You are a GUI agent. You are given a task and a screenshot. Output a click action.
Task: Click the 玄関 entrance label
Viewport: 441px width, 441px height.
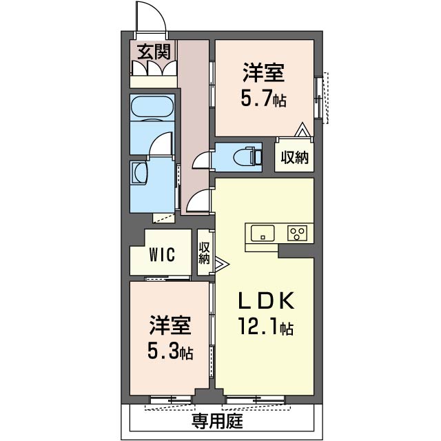click(x=154, y=52)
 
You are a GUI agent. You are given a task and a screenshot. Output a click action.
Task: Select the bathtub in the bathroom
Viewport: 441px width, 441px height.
click(x=152, y=107)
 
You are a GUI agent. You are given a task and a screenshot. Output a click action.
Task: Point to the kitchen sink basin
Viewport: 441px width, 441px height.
click(x=263, y=233)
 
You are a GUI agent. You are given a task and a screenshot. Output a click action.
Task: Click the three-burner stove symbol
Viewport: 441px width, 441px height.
click(x=297, y=233)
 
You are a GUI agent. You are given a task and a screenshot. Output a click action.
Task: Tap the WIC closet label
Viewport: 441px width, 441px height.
click(x=163, y=254)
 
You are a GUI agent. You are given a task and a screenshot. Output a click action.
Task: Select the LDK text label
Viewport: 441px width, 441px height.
click(x=266, y=300)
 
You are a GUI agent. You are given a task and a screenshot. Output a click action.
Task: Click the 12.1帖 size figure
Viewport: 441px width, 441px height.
click(x=266, y=327)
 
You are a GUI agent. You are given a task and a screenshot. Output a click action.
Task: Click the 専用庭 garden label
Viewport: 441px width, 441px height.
click(x=218, y=421)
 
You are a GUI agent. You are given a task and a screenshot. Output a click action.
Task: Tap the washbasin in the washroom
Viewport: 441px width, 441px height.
click(x=140, y=173)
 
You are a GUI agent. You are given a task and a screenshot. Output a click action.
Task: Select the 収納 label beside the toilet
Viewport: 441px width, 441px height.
click(x=295, y=158)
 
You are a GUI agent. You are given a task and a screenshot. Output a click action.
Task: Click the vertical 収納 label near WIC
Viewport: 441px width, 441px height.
click(x=204, y=253)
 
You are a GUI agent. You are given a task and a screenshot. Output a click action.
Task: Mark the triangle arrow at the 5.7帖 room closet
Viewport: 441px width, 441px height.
click(x=302, y=130)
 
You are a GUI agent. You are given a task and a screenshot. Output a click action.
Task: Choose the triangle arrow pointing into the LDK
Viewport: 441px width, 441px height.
click(x=222, y=265)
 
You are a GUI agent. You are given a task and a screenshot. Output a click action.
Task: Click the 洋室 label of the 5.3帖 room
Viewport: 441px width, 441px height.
click(x=170, y=326)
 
